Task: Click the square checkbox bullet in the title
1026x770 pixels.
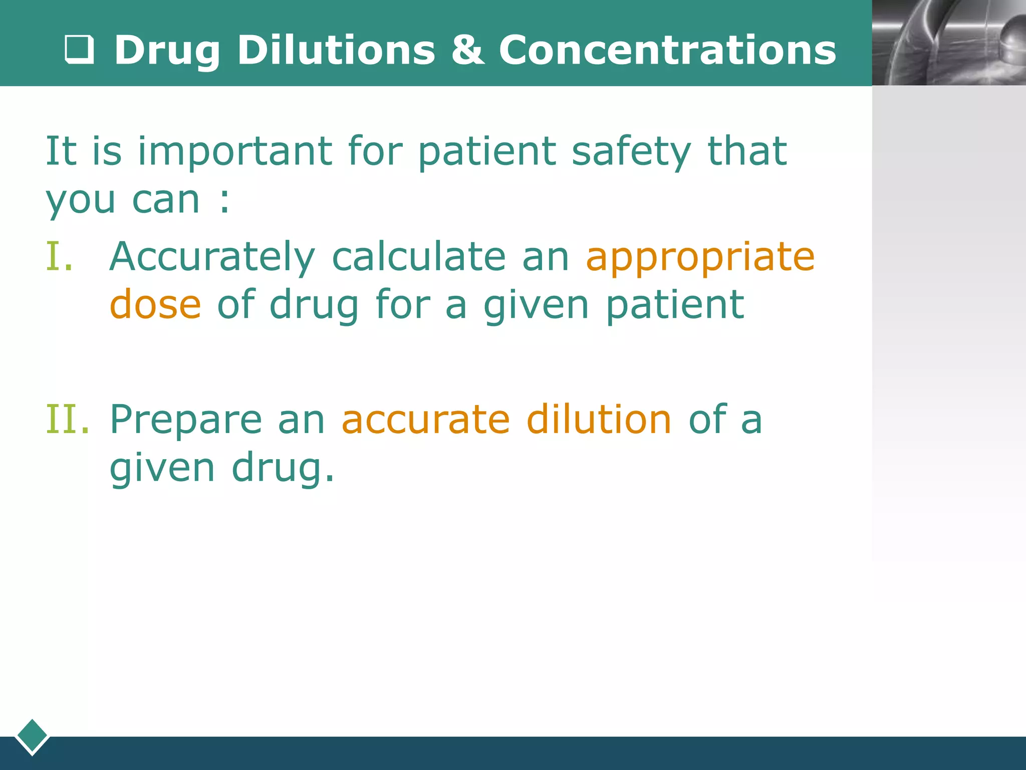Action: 80,50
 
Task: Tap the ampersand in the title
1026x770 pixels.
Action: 467,50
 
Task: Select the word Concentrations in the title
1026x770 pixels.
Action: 667,50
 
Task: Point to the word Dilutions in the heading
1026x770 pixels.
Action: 336,50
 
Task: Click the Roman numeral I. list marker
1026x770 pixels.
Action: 60,257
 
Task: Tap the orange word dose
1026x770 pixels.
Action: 155,305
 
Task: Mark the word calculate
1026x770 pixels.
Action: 419,257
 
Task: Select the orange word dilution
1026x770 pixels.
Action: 599,419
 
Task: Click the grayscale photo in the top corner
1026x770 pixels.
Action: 949,43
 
